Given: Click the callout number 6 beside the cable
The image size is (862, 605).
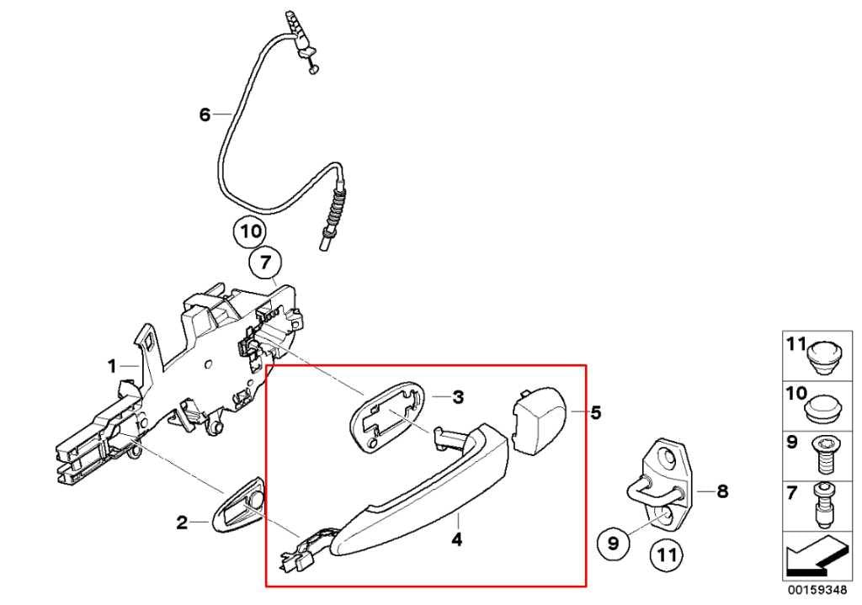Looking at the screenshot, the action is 205,114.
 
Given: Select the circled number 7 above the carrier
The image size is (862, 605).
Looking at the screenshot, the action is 265,263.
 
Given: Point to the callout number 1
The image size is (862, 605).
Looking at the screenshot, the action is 112,366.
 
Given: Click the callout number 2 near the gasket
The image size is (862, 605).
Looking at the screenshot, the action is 182,523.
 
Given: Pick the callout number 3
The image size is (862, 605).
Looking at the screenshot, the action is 458,396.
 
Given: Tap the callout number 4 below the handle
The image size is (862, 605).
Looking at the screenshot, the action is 457,540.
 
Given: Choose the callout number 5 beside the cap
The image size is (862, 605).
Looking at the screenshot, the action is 596,412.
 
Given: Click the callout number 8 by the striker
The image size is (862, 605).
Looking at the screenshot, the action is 721,491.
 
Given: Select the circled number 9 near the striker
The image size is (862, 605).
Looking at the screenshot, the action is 613,544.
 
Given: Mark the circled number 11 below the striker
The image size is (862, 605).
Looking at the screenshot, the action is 667,555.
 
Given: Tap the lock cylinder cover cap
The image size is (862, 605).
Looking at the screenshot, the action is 539,421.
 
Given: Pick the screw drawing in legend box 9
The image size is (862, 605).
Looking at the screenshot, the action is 823,454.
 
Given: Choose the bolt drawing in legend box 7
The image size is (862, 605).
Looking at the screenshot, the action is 823,503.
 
